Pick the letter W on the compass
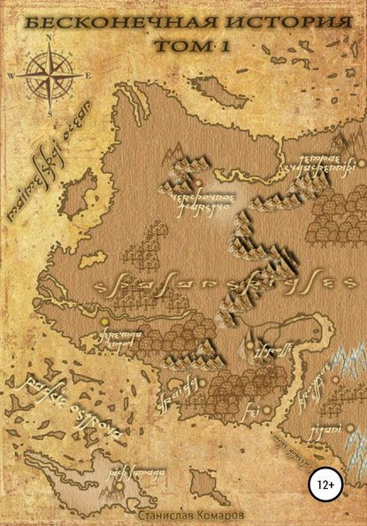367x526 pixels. point(10,76)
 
